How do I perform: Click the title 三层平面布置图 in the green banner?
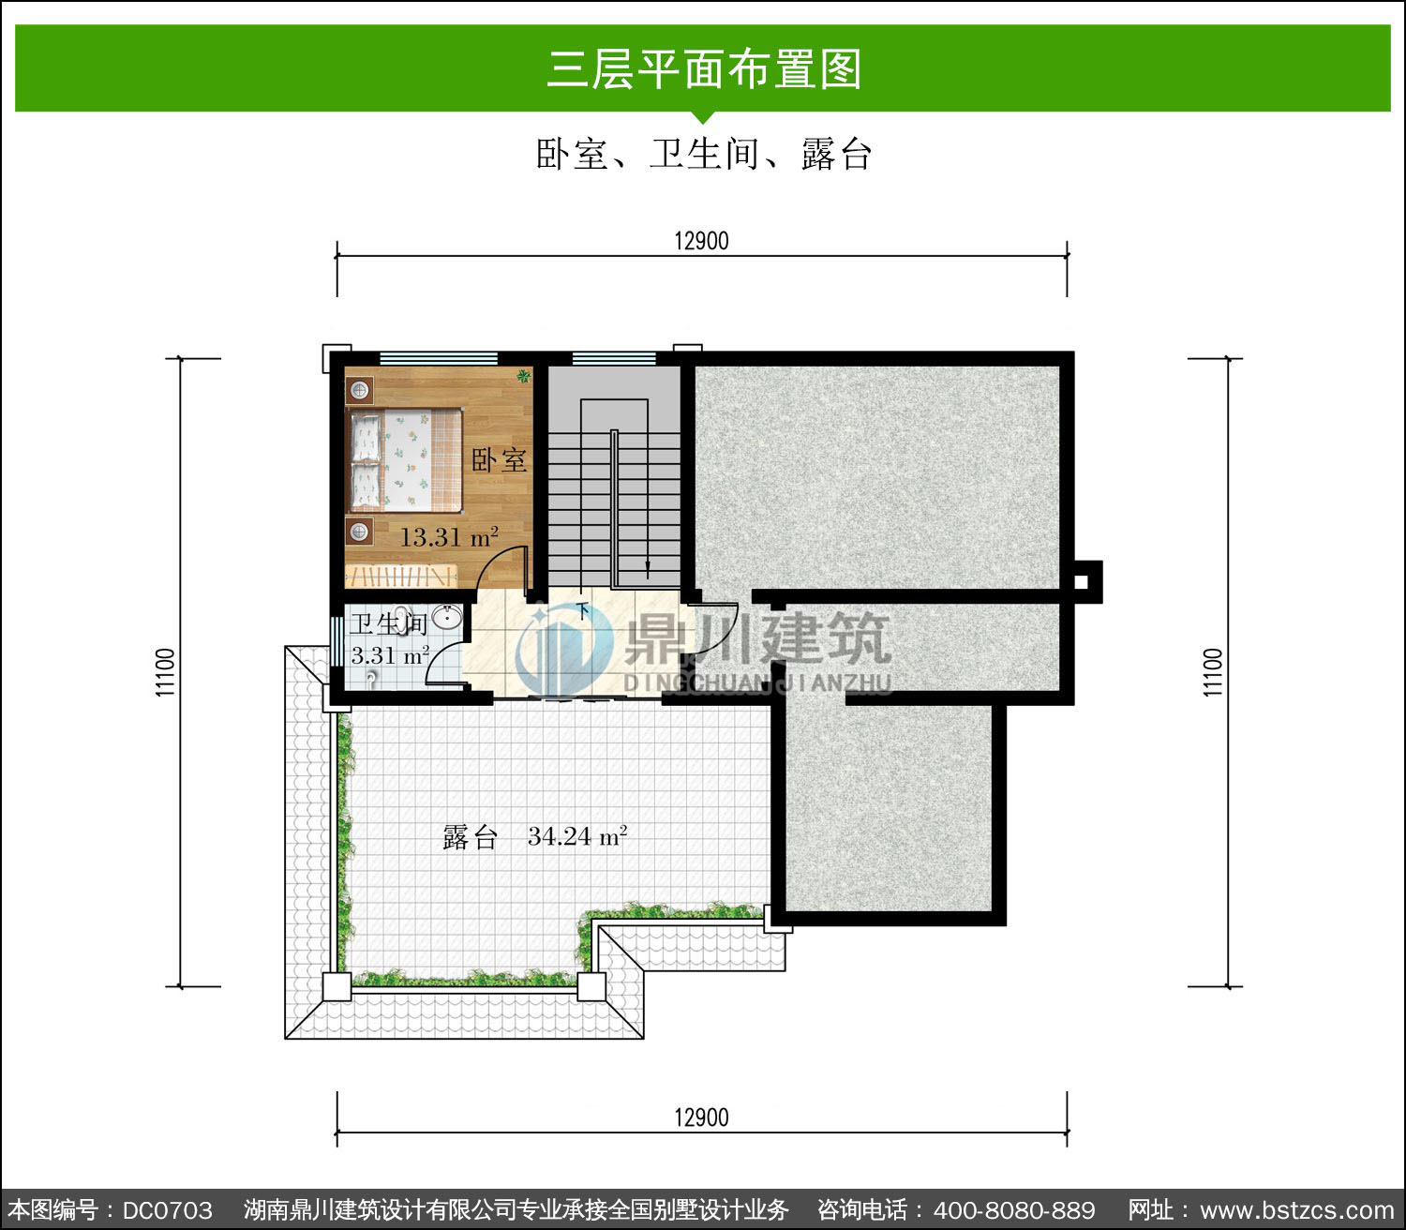[704, 69]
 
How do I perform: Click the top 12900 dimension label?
[702, 241]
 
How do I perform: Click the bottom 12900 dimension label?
[702, 1118]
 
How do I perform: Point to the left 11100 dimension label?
[165, 672]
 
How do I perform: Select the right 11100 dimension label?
[1213, 672]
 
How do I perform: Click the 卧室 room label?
[500, 459]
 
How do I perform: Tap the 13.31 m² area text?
[449, 536]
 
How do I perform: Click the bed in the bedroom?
[405, 460]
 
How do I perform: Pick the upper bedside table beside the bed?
[359, 390]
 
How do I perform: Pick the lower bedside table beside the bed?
[359, 532]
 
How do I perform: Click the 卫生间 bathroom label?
[389, 624]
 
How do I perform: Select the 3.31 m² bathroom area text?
[390, 655]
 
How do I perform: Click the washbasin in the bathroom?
[447, 616]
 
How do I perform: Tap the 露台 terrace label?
[470, 837]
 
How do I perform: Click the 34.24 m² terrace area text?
[577, 836]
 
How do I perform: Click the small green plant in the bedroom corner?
[524, 375]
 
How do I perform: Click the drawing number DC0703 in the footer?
[168, 1209]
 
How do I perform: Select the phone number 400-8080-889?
[1014, 1209]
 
